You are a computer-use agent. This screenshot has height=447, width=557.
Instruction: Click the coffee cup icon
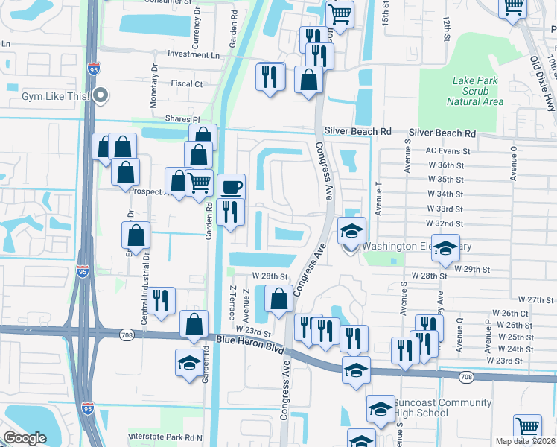pos(231,186)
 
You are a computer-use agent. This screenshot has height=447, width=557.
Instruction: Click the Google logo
pos(25,438)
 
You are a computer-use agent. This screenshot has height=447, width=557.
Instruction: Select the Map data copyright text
pos(525,441)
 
